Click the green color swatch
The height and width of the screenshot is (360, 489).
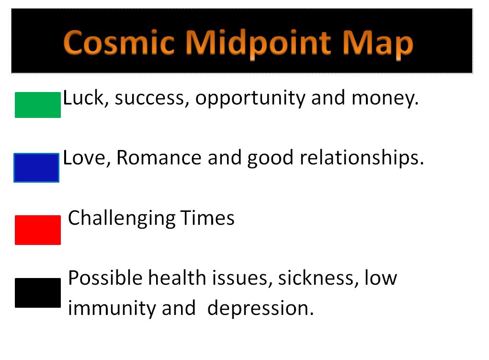click(38, 105)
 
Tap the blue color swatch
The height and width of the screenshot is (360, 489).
click(36, 168)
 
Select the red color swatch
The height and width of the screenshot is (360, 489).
click(38, 230)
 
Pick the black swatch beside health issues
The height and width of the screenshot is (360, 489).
click(38, 293)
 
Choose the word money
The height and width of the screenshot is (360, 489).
click(385, 99)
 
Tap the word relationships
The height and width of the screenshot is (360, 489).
click(362, 158)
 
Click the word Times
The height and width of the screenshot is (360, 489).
click(207, 218)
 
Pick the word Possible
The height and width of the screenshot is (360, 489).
click(106, 278)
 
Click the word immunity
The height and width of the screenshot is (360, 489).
click(112, 309)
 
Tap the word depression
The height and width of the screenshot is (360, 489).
click(261, 309)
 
